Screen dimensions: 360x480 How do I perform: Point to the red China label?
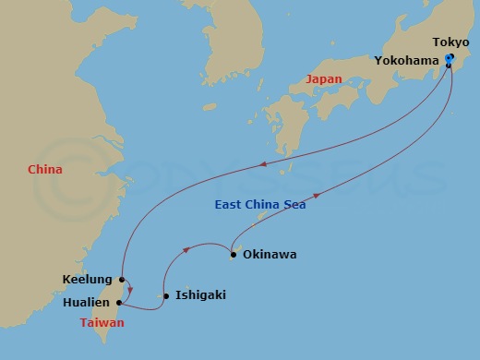click(45, 169)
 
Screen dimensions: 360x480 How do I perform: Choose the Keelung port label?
click(88, 279)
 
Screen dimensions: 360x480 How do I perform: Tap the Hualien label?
click(88, 302)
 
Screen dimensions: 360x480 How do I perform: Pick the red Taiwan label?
click(102, 323)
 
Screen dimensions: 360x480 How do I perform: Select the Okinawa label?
click(270, 254)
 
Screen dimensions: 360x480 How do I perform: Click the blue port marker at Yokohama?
click(449, 61)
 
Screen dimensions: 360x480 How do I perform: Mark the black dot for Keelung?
click(122, 279)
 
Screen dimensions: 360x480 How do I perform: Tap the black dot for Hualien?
click(120, 302)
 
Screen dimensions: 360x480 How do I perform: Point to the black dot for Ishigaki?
click(165, 296)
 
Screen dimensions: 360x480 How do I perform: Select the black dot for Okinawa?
click(234, 254)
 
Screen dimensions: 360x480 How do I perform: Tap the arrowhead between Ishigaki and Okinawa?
click(188, 247)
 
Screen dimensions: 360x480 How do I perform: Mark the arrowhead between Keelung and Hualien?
click(130, 289)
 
